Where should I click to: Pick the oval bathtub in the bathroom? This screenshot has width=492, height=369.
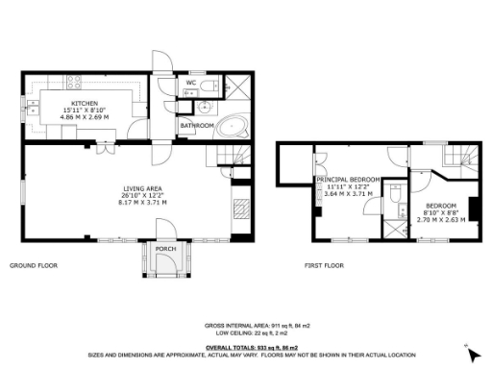pos(232,128)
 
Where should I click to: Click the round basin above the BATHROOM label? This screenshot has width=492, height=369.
pos(189,109)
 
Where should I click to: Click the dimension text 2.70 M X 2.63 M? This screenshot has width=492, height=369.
pos(441,220)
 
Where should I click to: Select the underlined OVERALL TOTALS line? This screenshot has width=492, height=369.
pos(251,346)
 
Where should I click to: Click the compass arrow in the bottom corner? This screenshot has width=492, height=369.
pos(468,347)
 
